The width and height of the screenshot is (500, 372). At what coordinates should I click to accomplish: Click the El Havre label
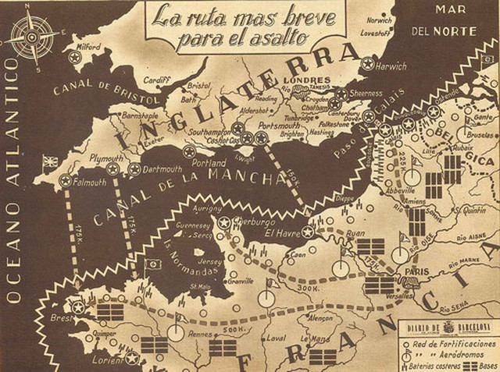click(x=279, y=232)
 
